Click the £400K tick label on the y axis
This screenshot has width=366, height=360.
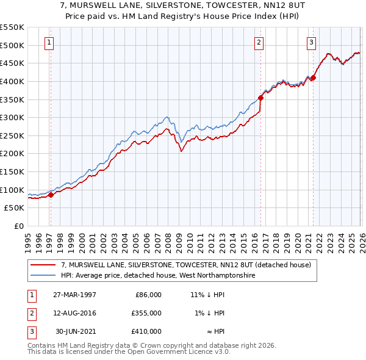[12, 81]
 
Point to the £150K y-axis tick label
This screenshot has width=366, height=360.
[12, 172]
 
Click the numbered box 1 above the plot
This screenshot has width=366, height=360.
[49, 43]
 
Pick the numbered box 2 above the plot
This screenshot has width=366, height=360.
[259, 43]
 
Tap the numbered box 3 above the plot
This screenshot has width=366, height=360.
[311, 43]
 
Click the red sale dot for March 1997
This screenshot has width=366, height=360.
[51, 195]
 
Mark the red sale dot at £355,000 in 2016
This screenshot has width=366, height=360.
[260, 97]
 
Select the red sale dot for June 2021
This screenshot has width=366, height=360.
[313, 77]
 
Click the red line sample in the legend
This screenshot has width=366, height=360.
[43, 265]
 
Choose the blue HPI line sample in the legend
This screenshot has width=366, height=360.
[43, 276]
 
